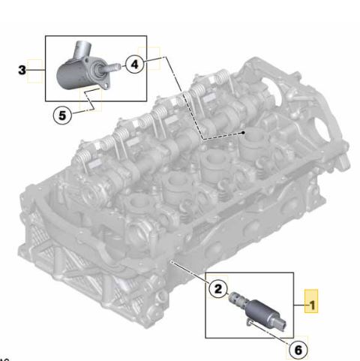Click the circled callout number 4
point(135,65)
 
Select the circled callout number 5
point(62,116)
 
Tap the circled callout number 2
point(218,289)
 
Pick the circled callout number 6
point(298,350)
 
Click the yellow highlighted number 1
point(311,305)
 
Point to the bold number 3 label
point(22,70)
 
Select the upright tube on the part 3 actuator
point(83,50)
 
